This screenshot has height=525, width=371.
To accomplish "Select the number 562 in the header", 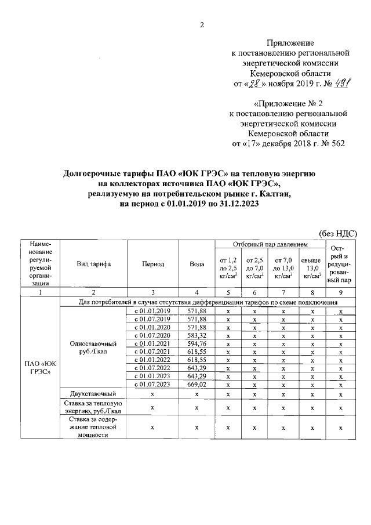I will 336,143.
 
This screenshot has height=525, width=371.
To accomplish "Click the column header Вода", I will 197,263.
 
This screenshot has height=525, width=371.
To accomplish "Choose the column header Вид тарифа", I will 94,263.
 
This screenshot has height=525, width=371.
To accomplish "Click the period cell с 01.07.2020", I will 152,336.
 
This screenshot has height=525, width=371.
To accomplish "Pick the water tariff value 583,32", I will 197,336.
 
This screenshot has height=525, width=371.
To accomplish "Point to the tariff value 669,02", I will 197,385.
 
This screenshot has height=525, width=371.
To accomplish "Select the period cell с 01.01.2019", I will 152,312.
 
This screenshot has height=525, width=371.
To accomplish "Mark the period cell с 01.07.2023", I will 152,385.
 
